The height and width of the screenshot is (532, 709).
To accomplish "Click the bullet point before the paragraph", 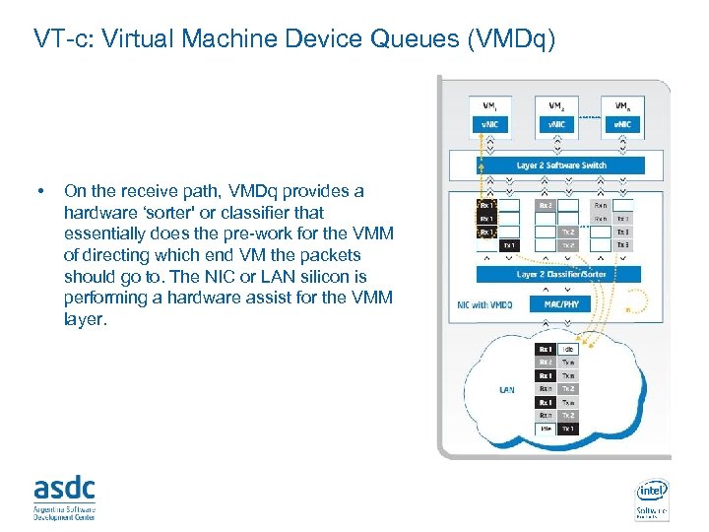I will (x=38, y=191).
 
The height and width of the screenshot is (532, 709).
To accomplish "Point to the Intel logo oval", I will (x=652, y=490).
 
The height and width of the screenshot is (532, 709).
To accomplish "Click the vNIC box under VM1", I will (x=489, y=123).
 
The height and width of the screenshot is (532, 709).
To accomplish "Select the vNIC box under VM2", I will (x=556, y=123).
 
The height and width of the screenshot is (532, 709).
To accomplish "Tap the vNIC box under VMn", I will (x=622, y=123).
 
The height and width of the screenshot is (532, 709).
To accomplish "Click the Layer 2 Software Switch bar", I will (x=561, y=165).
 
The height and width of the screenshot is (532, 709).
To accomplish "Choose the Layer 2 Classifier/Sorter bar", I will (x=558, y=273).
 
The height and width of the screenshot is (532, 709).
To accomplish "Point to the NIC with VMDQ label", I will (x=486, y=304).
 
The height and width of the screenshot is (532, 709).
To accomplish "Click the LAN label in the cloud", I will (x=506, y=390).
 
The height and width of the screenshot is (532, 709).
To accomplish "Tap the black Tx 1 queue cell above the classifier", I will (x=509, y=244).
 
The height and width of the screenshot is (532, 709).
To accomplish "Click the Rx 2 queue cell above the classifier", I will (x=546, y=205).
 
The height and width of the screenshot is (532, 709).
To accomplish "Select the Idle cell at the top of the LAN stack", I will (x=568, y=349).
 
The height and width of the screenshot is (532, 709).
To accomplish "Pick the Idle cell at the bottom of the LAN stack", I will (x=545, y=429).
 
